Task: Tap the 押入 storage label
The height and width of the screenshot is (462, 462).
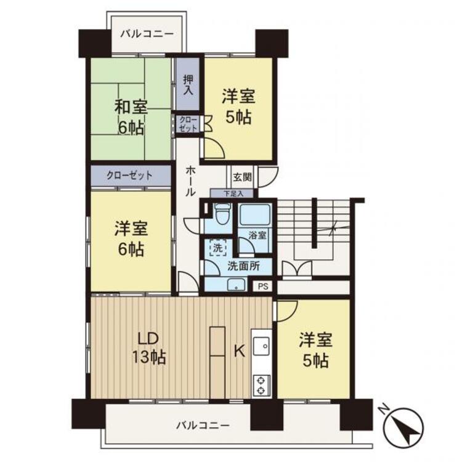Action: pos(188,85)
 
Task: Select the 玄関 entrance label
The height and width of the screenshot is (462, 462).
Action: pos(243,177)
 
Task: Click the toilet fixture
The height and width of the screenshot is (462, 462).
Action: pos(221,214)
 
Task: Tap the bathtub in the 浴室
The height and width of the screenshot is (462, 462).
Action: pos(256,215)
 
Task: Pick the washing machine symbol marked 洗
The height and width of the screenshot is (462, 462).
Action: pos(217,248)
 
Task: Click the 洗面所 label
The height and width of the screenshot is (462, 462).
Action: pos(243,266)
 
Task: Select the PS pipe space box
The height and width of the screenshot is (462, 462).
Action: pos(263,286)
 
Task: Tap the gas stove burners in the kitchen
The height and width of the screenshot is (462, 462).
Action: pos(261,385)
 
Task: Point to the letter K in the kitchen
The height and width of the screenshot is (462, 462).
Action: pos(239,351)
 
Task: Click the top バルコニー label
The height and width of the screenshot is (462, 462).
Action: pos(147,34)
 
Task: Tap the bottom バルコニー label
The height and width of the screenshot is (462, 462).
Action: pos(203,425)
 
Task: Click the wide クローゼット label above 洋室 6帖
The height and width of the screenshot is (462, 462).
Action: pos(129,176)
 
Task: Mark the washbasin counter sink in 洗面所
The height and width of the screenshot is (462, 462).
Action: pos(236,284)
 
